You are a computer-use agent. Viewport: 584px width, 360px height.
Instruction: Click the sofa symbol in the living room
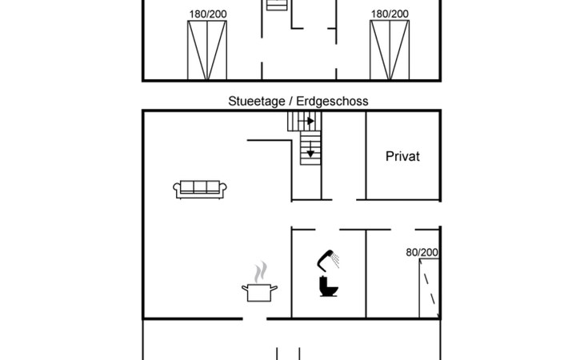200,189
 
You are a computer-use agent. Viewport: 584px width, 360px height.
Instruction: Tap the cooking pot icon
259,292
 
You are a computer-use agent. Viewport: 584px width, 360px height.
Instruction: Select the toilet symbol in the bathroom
329,286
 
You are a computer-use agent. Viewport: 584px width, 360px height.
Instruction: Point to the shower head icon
325,259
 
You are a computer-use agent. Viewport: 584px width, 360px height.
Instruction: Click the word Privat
402,156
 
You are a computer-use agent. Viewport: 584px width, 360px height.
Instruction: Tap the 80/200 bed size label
422,253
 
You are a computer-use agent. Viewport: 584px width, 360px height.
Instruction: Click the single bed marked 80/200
429,288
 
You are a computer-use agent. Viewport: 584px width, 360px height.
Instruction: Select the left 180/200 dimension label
208,14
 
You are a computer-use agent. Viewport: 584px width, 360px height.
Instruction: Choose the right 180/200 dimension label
390,14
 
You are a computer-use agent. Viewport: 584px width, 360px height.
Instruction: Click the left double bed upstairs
207,50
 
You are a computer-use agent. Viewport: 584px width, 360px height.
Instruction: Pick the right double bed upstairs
390,50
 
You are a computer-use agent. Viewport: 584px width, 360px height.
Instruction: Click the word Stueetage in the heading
257,102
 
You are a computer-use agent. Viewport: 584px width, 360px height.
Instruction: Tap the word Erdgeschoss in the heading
332,102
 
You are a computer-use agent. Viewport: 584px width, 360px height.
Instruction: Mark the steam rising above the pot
260,272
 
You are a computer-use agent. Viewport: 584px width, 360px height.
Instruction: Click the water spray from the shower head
335,260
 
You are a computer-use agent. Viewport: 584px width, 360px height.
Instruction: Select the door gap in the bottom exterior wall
254,318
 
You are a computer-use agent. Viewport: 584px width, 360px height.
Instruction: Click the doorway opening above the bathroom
327,230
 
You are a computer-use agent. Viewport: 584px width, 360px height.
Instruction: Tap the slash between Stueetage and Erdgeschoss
291,102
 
